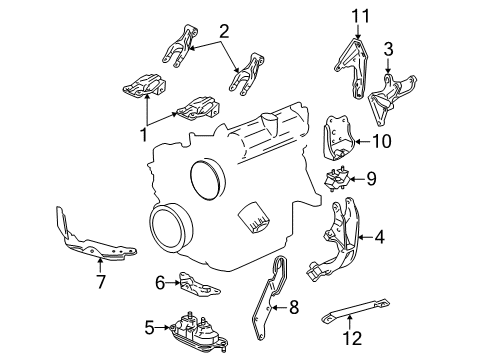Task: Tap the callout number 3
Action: (x=389, y=47)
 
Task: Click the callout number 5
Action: (x=149, y=325)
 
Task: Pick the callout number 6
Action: (x=159, y=283)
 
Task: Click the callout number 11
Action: (x=352, y=15)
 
